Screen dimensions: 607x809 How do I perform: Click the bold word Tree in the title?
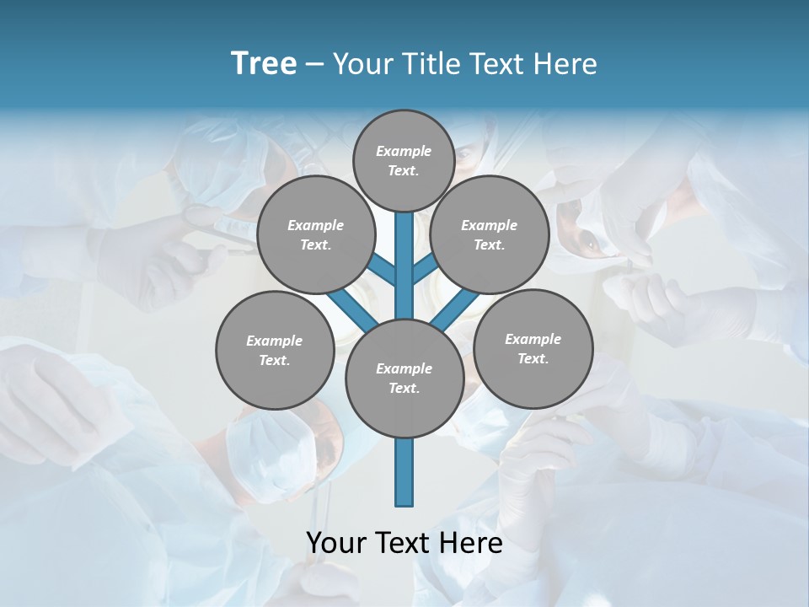[x=264, y=63]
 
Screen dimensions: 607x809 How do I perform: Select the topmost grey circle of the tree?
[x=404, y=160]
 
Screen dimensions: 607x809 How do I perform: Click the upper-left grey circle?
[x=315, y=234]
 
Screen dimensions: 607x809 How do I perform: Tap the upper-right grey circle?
[x=490, y=234]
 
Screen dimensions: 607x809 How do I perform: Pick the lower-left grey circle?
[x=275, y=350]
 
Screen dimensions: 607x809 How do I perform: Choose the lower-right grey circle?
[x=533, y=348]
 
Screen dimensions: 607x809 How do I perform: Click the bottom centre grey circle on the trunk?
[x=404, y=378]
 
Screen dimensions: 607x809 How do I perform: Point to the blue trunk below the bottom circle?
[x=404, y=472]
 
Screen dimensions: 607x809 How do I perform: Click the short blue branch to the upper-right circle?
[x=425, y=268]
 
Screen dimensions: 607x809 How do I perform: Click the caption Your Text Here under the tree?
[x=404, y=543]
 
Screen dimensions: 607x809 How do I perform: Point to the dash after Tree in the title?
[x=314, y=65]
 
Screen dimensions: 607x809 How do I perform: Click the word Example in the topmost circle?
[x=403, y=151]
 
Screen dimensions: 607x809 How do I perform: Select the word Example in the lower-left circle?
[x=274, y=341]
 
